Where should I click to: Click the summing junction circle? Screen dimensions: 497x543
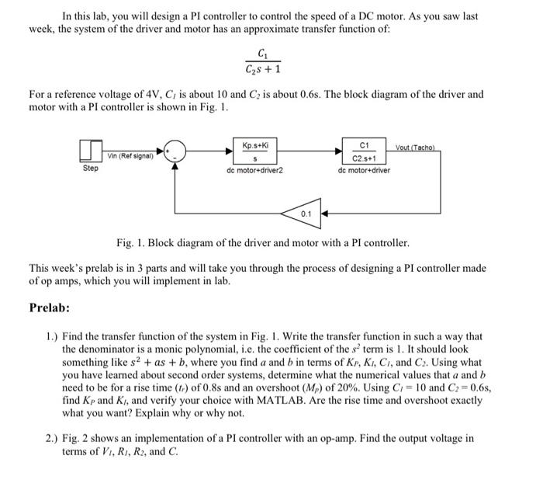coord(175,150)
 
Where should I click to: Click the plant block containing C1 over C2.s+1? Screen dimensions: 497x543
coord(364,150)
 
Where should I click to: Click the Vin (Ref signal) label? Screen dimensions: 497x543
coord(129,155)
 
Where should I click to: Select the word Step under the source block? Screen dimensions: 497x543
coord(91,168)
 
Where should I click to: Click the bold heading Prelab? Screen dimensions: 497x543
coord(50,308)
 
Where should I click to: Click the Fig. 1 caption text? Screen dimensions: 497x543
coord(271,243)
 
